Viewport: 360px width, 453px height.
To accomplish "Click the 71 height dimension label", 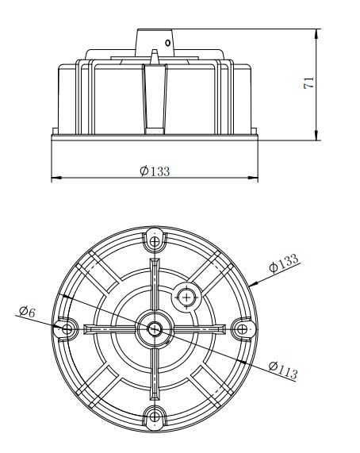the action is click(309, 83).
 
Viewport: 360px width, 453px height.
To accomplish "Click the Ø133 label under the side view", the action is click(155, 171).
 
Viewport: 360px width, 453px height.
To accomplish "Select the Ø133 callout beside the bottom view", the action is click(284, 263).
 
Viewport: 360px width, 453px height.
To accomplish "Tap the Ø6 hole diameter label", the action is click(27, 312).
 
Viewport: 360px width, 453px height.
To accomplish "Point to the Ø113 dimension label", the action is click(283, 370).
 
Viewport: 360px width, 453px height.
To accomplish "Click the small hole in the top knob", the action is click(168, 43).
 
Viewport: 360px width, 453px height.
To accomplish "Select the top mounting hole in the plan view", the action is click(155, 241).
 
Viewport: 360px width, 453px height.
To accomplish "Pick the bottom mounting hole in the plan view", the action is click(155, 417).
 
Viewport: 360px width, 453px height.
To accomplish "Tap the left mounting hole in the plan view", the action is click(67, 328).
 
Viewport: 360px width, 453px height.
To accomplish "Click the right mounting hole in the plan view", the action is click(242, 328).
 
